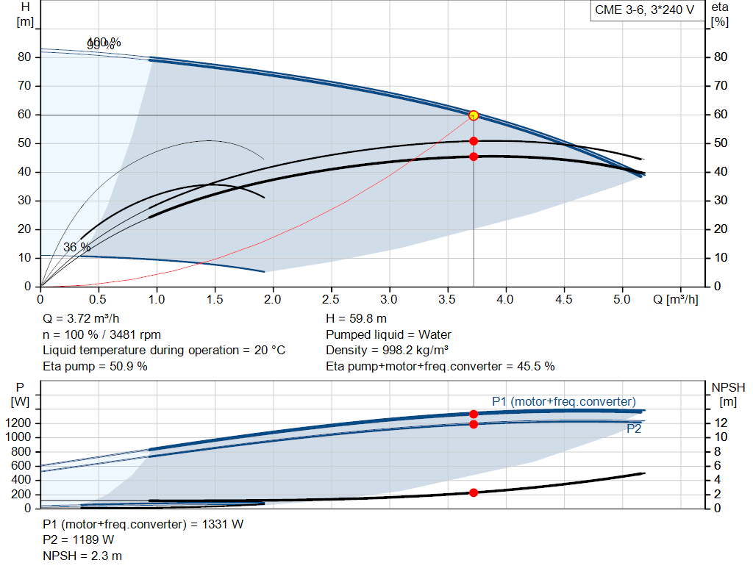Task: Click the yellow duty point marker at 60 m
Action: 474,115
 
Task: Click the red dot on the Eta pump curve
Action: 474,140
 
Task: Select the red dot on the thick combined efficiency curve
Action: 474,157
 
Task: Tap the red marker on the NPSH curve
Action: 474,492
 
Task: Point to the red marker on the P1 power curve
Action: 474,414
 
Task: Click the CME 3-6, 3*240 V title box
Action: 644,11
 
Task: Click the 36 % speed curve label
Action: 76,248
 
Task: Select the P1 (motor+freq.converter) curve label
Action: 563,401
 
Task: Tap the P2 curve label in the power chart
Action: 634,429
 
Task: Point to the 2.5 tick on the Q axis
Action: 331,300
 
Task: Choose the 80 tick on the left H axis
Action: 26,57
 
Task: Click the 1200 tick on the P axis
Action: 21,423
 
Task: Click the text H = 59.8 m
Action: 356,319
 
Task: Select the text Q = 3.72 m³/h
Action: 82,319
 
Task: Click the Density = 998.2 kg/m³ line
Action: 388,350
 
